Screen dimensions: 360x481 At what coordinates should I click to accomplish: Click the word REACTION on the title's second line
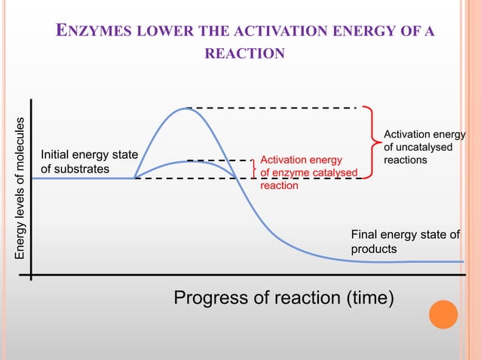click(244, 53)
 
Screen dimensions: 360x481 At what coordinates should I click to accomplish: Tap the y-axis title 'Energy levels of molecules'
click(21, 189)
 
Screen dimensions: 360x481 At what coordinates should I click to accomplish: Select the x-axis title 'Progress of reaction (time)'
click(284, 298)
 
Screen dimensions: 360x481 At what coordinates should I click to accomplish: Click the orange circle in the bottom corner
click(443, 314)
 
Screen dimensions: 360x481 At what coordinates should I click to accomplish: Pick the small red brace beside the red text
click(253, 169)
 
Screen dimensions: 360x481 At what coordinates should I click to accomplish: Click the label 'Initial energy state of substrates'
click(89, 162)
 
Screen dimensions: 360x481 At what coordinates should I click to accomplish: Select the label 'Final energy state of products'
click(405, 242)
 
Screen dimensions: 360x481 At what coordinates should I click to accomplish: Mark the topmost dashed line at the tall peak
click(271, 108)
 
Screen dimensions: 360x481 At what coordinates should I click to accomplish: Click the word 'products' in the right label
click(374, 249)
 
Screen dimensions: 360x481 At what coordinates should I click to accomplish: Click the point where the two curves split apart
click(136, 178)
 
